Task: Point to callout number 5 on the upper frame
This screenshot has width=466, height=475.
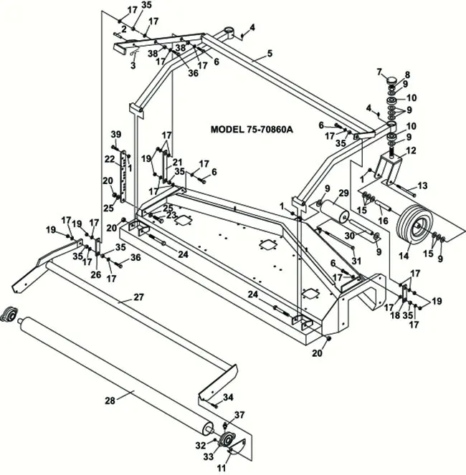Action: (x=270, y=53)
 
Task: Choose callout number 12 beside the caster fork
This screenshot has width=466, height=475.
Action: (x=412, y=151)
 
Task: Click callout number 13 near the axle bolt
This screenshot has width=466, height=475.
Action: (x=423, y=186)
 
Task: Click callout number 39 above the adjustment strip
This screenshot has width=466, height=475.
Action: (x=115, y=135)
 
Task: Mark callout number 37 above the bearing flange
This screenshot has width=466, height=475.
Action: (x=240, y=415)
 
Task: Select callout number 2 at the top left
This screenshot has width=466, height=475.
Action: (x=123, y=29)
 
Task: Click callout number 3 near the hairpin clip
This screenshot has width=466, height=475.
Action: (x=133, y=65)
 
